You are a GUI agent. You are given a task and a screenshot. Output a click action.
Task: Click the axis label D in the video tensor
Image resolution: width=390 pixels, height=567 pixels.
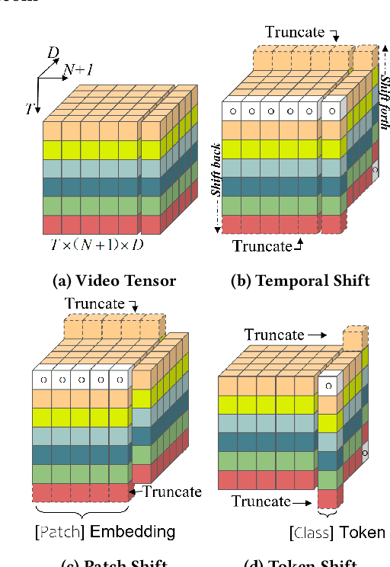point(53,53)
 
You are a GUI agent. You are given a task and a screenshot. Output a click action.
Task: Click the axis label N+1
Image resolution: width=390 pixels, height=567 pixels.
point(79,69)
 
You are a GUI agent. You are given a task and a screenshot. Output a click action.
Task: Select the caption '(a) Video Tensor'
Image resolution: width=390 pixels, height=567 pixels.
point(114,280)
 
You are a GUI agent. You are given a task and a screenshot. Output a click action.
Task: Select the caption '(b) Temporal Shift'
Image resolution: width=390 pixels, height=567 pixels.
point(300,280)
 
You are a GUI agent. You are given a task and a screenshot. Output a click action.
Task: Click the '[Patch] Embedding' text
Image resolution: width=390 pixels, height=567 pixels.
point(105,531)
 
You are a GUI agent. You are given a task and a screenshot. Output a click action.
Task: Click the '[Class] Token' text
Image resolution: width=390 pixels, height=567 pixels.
point(337,533)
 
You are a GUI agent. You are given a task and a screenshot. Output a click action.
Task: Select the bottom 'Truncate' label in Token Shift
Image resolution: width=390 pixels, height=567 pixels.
point(261,501)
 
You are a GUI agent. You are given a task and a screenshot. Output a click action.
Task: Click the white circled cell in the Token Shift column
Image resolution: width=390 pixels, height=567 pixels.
point(327,386)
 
